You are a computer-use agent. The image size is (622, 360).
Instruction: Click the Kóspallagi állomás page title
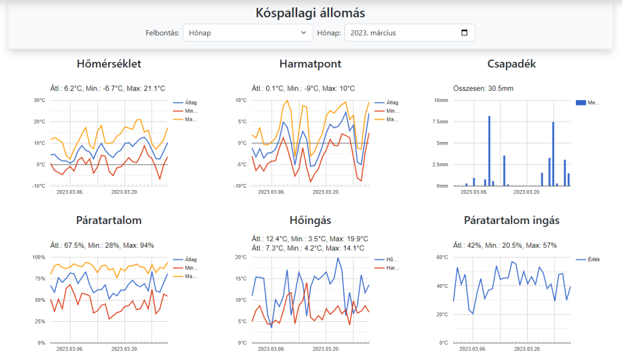(x=310, y=13)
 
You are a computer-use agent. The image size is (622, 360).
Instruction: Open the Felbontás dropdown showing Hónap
(x=247, y=33)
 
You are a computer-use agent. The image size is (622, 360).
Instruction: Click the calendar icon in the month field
(x=465, y=33)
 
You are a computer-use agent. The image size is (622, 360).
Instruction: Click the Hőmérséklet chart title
(x=109, y=64)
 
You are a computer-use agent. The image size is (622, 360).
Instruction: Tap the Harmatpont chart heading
(x=310, y=64)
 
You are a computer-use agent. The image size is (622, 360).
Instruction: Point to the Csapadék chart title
(x=511, y=64)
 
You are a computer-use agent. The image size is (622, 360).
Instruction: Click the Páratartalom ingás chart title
(x=511, y=220)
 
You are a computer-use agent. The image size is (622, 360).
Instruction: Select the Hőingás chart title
(x=310, y=220)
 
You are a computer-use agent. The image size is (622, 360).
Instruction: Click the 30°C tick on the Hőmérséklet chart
(x=39, y=100)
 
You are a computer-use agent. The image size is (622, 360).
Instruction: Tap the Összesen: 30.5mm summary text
(x=484, y=89)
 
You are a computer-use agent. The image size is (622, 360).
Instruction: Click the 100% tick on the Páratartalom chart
(x=38, y=257)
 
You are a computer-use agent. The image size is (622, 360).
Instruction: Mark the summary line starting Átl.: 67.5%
(x=101, y=245)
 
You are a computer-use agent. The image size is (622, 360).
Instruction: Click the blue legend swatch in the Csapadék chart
(x=580, y=103)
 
